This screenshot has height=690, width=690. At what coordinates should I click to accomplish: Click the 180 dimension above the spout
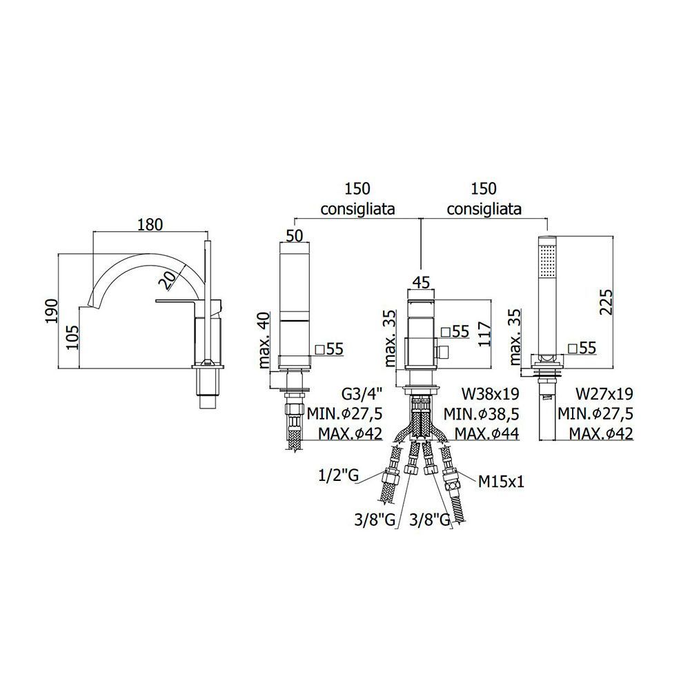coord(149,224)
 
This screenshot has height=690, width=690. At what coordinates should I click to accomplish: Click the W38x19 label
coord(490,395)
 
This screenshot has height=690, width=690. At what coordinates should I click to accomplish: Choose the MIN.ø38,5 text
coord(482,414)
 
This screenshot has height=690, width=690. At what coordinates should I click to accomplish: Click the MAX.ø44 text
coord(486,433)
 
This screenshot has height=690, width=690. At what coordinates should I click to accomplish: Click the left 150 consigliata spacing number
coord(357,188)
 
